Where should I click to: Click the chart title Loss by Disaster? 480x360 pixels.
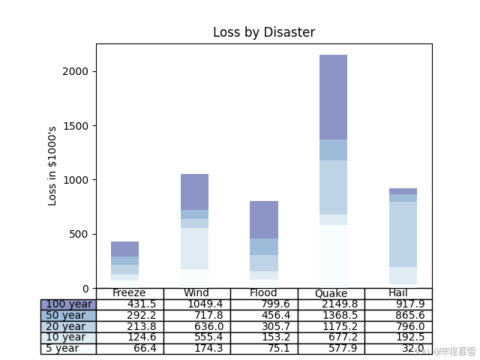click(x=264, y=32)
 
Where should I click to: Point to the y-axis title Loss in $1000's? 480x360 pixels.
click(x=52, y=166)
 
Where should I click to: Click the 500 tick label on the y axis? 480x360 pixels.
click(x=79, y=234)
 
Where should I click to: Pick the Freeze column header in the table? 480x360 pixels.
click(x=129, y=293)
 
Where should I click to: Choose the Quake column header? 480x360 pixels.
click(x=331, y=293)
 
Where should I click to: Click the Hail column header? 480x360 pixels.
click(x=398, y=293)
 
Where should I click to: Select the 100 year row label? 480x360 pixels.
click(x=68, y=304)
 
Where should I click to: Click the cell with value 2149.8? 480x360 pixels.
click(x=331, y=304)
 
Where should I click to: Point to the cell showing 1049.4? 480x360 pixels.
click(x=196, y=304)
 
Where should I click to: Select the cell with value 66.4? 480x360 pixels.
click(x=130, y=349)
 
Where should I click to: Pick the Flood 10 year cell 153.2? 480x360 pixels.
click(x=264, y=337)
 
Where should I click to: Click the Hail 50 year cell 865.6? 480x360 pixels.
click(x=398, y=316)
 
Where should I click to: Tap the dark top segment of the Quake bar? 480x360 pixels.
click(x=333, y=97)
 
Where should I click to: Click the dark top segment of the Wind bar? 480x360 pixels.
click(x=194, y=192)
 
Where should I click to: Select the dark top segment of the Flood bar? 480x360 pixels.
click(x=264, y=220)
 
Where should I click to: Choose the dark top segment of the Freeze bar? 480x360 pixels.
click(x=124, y=249)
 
